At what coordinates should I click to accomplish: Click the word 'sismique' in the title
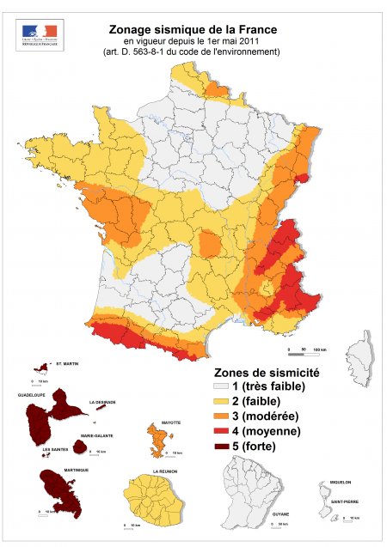coord(185,28)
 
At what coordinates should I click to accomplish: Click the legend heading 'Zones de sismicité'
coord(266,374)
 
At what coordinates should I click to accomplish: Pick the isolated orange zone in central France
coord(210,244)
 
